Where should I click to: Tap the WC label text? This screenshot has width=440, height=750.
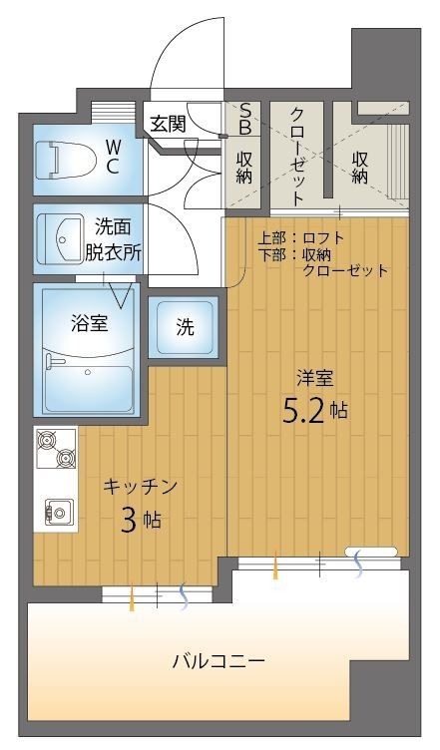pyautogui.click(x=113, y=157)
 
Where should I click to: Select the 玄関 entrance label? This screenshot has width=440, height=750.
pyautogui.click(x=168, y=124)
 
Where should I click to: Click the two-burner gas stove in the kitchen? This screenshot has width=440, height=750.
pyautogui.click(x=55, y=447)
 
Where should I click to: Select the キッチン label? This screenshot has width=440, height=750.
pyautogui.click(x=141, y=487)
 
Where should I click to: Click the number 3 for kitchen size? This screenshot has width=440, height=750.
pyautogui.click(x=130, y=520)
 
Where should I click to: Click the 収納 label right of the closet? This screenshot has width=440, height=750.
pyautogui.click(x=361, y=166)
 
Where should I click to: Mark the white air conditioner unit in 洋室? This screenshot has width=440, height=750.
pyautogui.click(x=371, y=552)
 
